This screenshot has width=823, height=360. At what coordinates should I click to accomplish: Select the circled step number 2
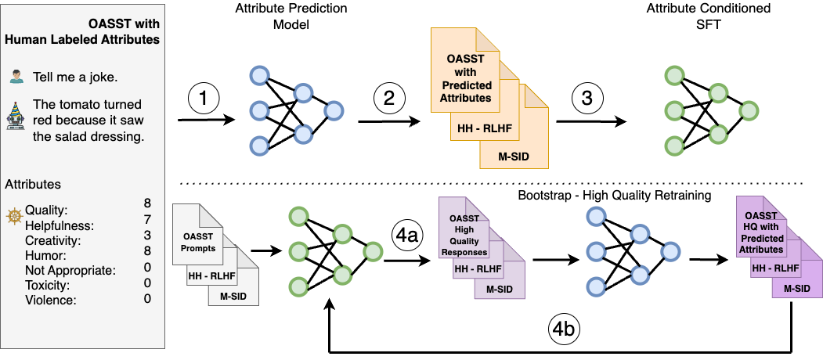389,99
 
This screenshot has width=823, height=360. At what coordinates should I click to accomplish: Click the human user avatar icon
17,77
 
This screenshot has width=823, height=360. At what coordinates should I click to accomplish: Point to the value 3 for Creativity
147,234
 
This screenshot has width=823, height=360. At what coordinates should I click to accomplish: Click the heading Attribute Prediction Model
291,16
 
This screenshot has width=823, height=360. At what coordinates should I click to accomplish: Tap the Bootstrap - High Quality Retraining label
614,196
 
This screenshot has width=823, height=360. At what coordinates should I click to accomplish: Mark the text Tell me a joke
75,77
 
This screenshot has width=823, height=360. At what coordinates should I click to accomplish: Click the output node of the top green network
749,110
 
